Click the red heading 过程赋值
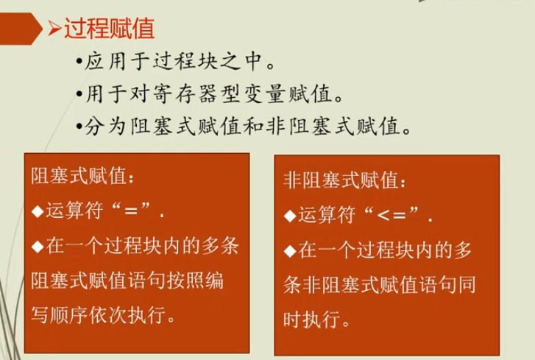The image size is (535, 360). (110, 28)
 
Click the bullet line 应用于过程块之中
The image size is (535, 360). (176, 62)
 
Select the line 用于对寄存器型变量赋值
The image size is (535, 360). (209, 93)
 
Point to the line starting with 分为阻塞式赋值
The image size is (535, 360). (244, 126)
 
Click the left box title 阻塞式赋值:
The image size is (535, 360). (82, 176)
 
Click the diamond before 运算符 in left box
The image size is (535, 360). (38, 211)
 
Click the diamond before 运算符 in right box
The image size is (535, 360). (290, 216)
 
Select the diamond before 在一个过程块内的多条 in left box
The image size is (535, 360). (38, 247)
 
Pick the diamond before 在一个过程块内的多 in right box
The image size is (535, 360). (290, 251)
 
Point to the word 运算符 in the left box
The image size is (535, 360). (74, 211)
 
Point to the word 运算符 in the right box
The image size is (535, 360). (327, 215)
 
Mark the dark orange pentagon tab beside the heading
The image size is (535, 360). (21, 29)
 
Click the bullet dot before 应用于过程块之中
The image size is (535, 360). (79, 63)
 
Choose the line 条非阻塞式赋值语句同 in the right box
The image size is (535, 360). (380, 285)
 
